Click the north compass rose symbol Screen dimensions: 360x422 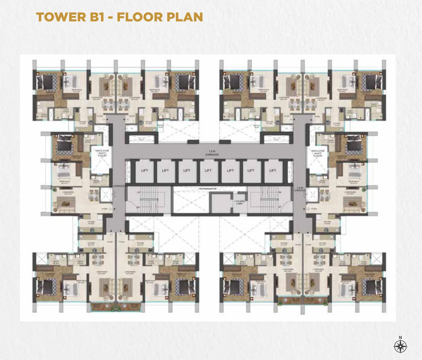point(400,347)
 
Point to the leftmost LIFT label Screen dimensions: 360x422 point(144,171)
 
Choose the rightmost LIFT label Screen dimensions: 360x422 point(273,171)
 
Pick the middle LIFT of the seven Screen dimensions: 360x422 point(208,171)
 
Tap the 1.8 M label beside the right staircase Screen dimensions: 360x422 point(300,188)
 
